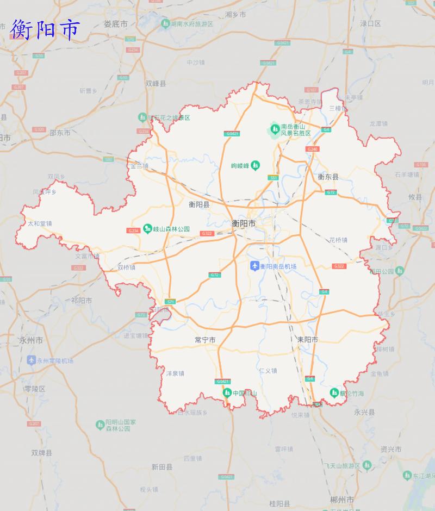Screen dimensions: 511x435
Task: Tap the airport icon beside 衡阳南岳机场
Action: click(254, 266)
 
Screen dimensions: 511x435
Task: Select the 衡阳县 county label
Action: click(199, 205)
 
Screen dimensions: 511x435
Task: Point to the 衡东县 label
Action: click(328, 177)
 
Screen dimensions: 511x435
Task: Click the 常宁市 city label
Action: click(205, 340)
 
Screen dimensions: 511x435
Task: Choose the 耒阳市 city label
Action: click(307, 340)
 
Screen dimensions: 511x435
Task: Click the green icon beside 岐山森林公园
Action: click(147, 229)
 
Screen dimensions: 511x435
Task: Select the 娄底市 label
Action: click(115, 24)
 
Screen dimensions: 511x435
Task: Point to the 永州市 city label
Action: click(30, 340)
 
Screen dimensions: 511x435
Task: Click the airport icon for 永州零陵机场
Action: click(32, 360)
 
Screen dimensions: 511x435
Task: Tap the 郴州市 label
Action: click(342, 500)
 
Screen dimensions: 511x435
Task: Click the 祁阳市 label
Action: click(82, 300)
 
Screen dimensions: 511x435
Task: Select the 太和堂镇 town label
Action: click(40, 223)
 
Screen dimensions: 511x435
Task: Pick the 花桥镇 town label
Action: click(338, 240)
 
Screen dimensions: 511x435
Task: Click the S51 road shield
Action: click(273, 178)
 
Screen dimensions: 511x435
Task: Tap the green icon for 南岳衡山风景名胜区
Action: click(275, 129)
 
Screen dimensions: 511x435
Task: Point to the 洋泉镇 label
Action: click(175, 373)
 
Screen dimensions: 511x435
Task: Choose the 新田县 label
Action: click(162, 467)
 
